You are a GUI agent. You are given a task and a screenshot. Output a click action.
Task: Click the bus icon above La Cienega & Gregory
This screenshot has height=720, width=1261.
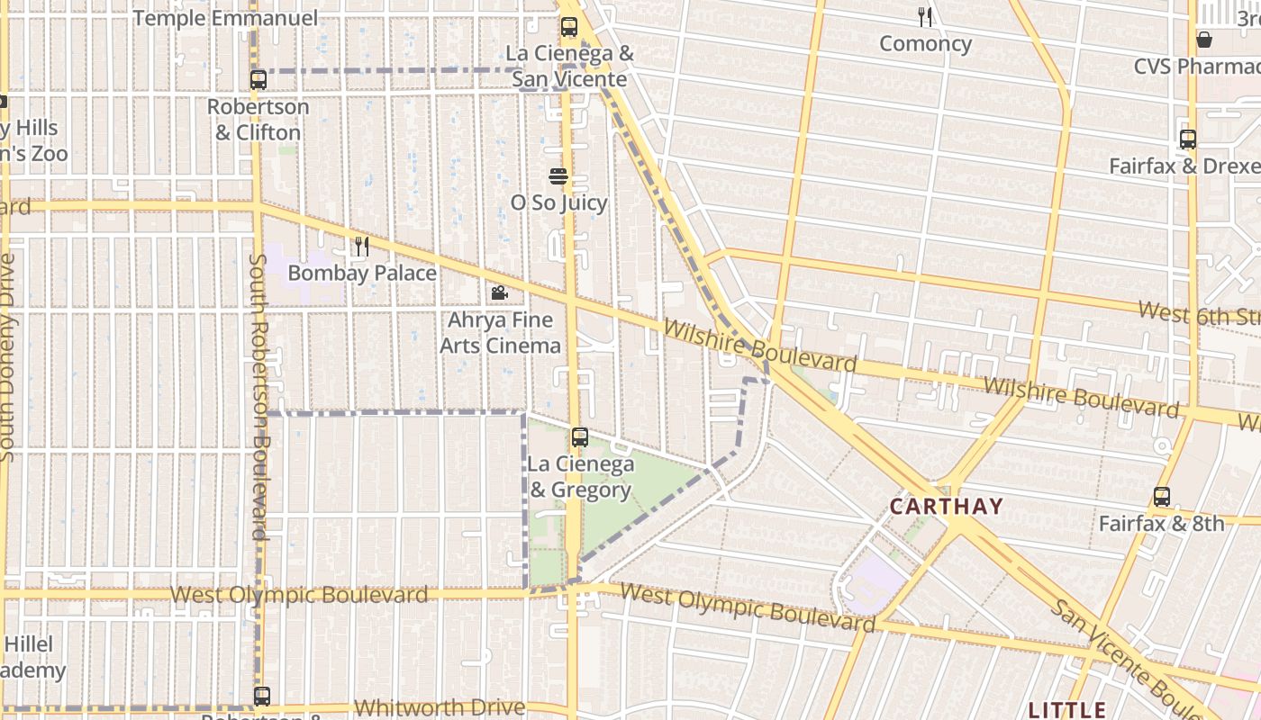click(x=580, y=437)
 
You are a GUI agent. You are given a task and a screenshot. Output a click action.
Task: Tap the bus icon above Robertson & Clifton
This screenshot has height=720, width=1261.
click(x=259, y=79)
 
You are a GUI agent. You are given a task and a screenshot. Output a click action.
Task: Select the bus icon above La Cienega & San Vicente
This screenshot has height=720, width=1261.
click(x=569, y=27)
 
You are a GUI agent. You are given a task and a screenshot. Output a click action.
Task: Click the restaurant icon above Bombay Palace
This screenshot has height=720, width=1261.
click(x=362, y=247)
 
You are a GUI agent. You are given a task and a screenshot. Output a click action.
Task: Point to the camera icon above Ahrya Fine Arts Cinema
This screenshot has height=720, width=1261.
click(x=499, y=292)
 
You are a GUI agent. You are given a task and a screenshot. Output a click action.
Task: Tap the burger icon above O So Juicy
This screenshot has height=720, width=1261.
click(x=558, y=176)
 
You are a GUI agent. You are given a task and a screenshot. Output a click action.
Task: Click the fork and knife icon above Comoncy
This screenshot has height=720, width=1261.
click(x=925, y=16)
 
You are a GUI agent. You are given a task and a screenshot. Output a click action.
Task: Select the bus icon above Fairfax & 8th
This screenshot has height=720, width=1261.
click(x=1162, y=496)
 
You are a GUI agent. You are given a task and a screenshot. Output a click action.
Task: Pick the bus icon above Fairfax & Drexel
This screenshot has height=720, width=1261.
click(x=1188, y=139)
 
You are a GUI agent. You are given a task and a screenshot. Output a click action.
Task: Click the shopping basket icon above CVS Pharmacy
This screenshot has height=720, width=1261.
click(x=1204, y=39)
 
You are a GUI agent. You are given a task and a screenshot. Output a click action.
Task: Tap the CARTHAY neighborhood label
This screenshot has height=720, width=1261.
click(x=946, y=506)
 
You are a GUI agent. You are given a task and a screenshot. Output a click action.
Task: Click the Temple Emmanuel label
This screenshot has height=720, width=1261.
click(x=225, y=18)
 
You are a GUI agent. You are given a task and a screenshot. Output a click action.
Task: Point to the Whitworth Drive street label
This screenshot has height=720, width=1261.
click(x=440, y=707)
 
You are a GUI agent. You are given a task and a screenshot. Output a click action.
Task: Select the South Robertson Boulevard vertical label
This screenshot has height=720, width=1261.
click(x=259, y=396)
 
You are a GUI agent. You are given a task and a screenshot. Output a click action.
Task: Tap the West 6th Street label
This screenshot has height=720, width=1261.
click(x=1198, y=315)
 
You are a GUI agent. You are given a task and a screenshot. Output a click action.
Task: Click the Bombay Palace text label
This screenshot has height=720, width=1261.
click(x=362, y=273)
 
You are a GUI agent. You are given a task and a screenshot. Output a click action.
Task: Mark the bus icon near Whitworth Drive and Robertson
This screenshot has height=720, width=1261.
click(x=261, y=696)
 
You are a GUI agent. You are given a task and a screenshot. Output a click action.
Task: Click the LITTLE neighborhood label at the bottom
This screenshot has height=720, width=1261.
click(x=1066, y=709)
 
